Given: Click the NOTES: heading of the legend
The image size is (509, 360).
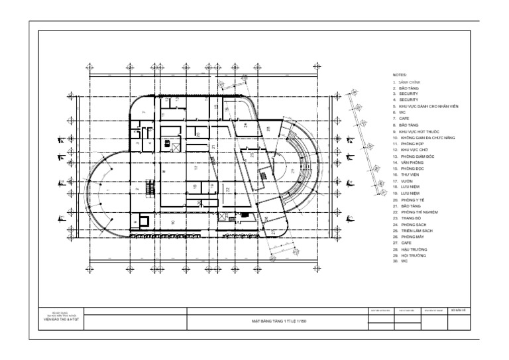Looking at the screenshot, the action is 399,76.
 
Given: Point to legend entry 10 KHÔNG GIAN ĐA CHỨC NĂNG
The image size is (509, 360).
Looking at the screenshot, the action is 424,137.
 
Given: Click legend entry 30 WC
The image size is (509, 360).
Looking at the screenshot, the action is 398,261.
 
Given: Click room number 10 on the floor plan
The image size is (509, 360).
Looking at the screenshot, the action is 172,221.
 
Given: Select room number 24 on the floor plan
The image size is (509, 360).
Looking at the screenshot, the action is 245,125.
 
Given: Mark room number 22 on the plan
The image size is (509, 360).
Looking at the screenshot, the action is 227,190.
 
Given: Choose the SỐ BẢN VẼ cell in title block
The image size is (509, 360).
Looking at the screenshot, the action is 459,310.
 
